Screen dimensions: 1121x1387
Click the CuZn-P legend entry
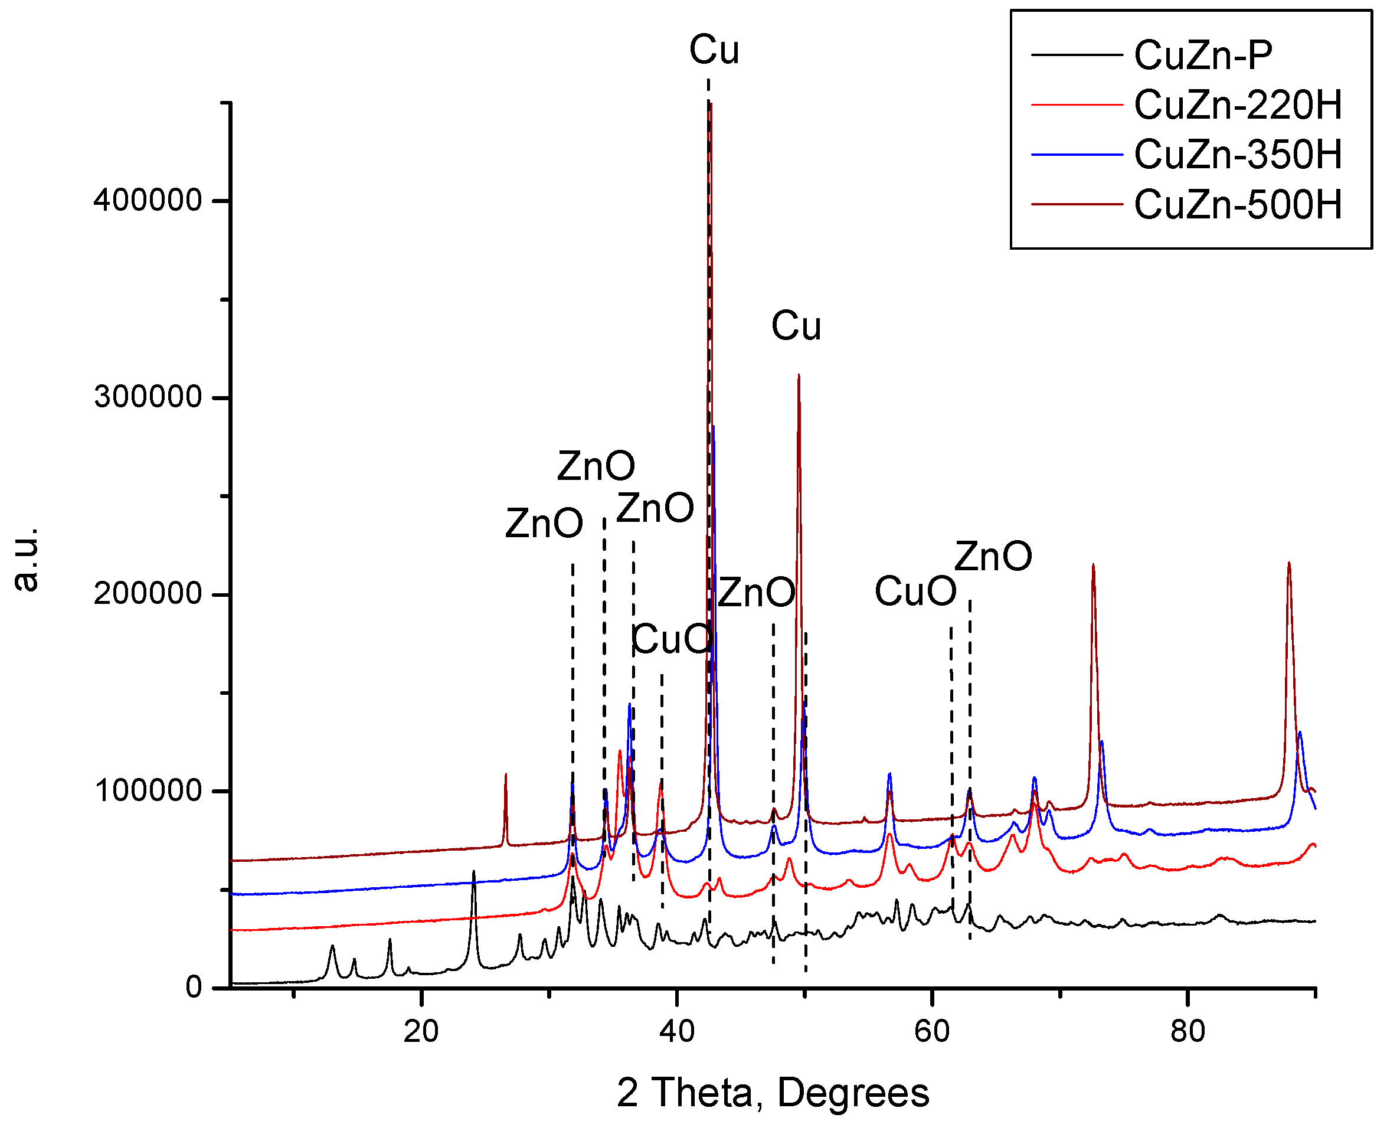[x=1202, y=55]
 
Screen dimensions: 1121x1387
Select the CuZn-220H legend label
[x=1237, y=104]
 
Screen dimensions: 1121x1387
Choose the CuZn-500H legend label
[x=1237, y=205]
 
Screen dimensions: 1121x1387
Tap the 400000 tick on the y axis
[x=148, y=200]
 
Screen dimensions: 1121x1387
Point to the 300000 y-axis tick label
[x=148, y=397]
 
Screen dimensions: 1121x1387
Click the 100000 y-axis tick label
[x=148, y=790]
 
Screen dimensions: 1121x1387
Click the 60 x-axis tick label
[x=931, y=1031]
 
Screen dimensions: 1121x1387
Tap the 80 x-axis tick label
[x=1188, y=1031]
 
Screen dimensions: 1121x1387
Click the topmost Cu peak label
[x=714, y=50]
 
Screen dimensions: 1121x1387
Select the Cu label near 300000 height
[x=796, y=325]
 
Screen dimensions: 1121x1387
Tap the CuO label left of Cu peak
[x=672, y=639]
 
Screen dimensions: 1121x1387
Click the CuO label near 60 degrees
[x=915, y=591]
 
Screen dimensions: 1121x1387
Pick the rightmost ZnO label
[x=993, y=556]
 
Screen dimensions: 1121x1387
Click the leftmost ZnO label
[x=544, y=523]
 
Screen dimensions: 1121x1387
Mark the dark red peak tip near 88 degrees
[x=1288, y=563]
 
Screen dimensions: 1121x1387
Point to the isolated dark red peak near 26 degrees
[x=506, y=775]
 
